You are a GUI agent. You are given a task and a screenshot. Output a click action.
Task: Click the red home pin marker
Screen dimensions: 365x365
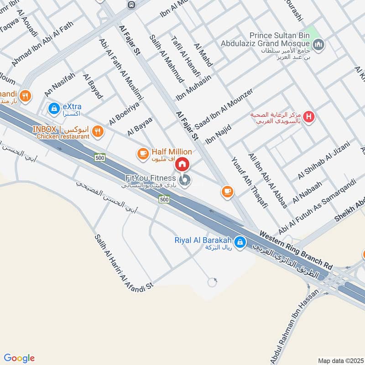coord(182,164)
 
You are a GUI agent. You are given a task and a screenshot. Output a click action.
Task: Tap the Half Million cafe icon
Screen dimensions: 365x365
coord(143,152)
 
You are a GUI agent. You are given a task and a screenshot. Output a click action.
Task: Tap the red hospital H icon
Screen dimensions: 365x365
coord(309,117)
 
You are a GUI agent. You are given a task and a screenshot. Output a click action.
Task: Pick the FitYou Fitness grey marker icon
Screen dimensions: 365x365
coord(184,181)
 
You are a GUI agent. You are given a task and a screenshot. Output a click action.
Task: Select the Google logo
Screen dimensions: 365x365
coord(19,358)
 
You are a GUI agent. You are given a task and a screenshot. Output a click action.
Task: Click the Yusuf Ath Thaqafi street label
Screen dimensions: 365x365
coord(249,183)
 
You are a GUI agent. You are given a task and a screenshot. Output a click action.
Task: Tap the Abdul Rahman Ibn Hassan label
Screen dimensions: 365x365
coord(292,328)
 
